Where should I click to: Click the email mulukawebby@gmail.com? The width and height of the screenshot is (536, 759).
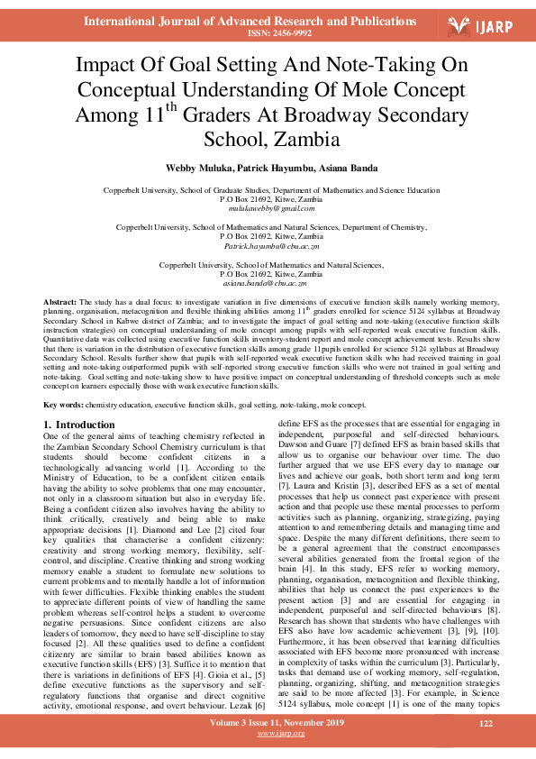pos(268,207)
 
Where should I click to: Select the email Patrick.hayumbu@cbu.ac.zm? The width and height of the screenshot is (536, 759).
pos(268,245)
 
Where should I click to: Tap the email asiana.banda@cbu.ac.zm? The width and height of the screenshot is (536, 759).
pos(268,282)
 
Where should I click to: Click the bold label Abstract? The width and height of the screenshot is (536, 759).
pos(59,299)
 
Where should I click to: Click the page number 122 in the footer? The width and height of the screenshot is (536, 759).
pos(486,724)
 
